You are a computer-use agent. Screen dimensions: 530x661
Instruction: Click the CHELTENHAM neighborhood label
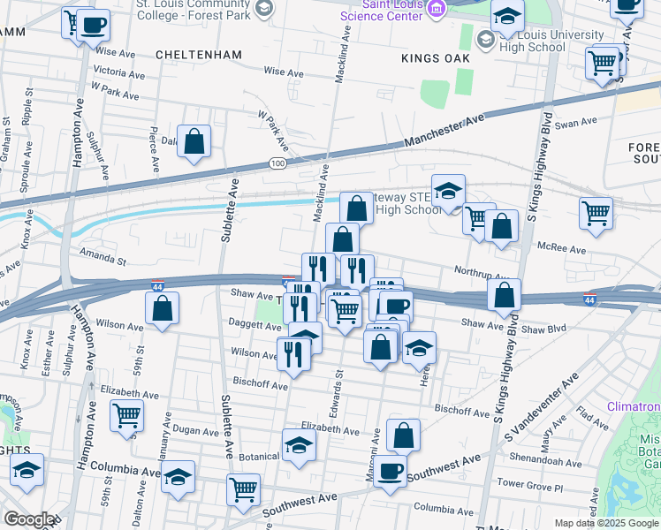point(198,55)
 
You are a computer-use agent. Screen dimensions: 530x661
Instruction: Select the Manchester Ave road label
point(445,130)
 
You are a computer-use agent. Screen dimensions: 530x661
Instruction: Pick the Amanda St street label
point(103,258)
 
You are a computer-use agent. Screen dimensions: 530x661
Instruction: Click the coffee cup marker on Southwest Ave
point(389,471)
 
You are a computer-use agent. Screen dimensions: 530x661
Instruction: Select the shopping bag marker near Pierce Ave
point(194,140)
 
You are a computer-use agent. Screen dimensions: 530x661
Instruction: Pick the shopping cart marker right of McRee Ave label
point(596,212)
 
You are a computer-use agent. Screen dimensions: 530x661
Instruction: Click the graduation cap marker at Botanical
point(299,445)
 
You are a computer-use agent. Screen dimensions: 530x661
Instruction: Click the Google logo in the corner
point(28,519)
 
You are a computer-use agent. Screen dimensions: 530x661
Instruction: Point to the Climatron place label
point(634,406)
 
